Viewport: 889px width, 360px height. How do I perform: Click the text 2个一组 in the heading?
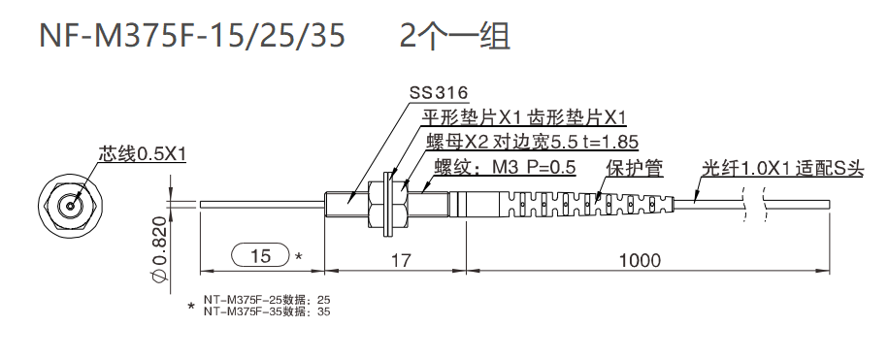coord(455,36)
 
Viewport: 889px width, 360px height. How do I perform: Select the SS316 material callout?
coord(439,94)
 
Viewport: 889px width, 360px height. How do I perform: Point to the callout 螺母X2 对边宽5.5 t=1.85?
coord(532,143)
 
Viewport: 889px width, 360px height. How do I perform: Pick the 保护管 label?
coord(634,167)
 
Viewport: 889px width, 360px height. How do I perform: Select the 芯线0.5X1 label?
coord(141,154)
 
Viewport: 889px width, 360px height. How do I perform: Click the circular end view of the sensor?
coord(70,206)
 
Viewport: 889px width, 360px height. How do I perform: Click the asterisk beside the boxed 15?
coord(299,257)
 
